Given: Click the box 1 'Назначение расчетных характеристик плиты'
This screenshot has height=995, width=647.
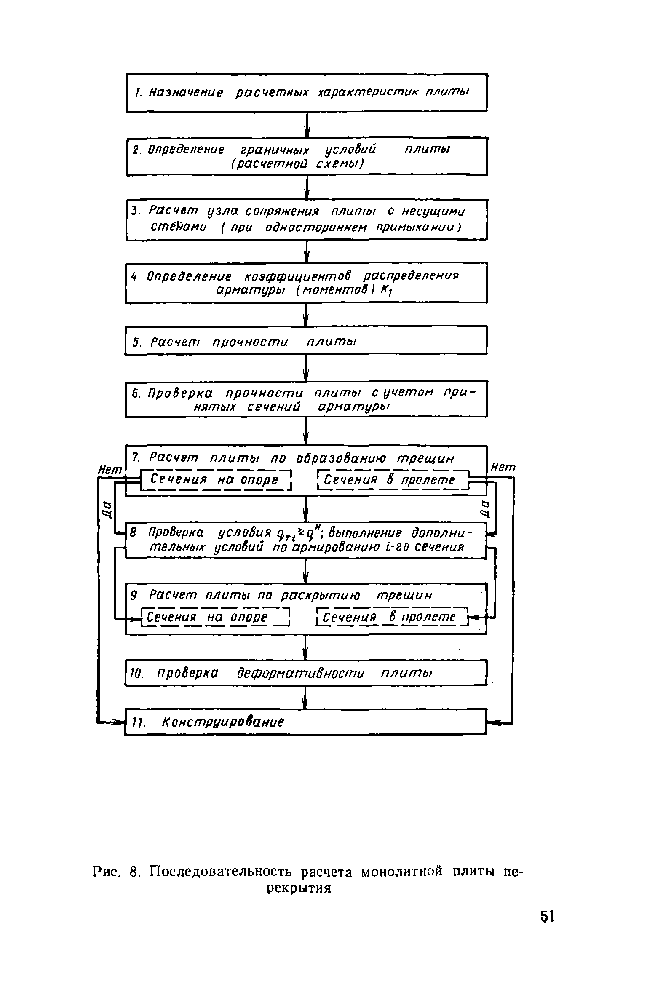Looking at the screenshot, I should coord(307,93).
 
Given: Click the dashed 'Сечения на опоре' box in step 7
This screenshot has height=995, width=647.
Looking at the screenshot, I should coord(215,480).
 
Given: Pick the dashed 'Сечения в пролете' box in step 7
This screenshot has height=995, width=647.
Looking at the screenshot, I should coord(393,480).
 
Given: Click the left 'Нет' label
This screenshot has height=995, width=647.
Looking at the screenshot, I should coord(110,469).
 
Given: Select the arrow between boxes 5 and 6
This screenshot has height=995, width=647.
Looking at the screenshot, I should coord(307,368).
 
